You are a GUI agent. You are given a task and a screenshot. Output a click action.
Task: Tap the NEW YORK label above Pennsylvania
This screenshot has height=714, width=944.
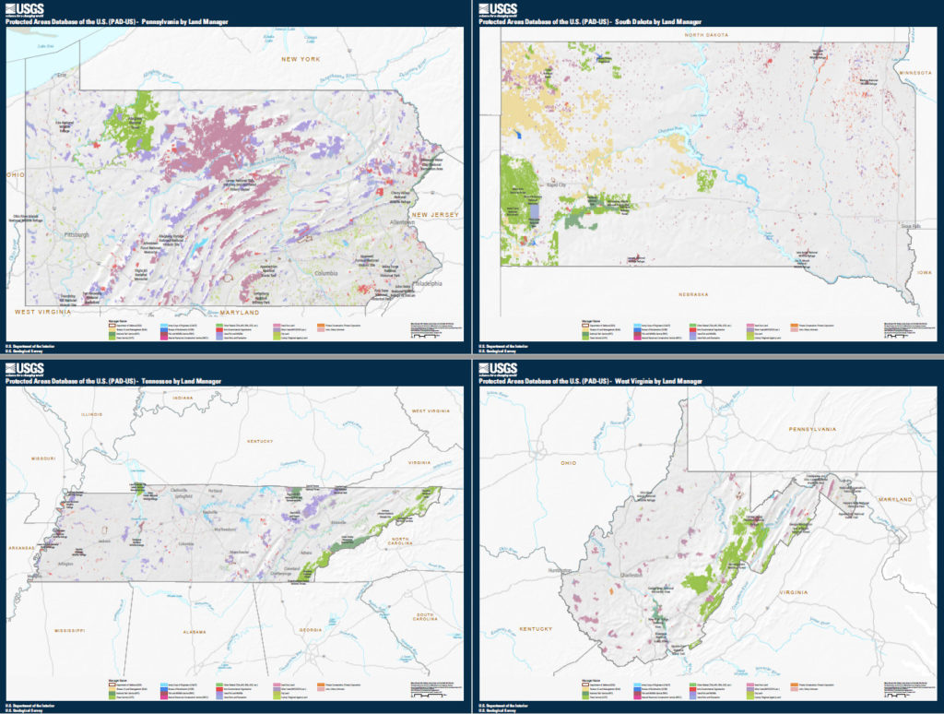point(301,59)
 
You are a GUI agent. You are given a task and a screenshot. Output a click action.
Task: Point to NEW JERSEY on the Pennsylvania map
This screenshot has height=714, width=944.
point(434,214)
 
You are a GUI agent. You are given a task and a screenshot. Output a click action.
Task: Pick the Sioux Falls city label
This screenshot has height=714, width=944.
point(910,224)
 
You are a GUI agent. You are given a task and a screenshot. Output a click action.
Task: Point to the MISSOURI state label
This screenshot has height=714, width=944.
point(44,458)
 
